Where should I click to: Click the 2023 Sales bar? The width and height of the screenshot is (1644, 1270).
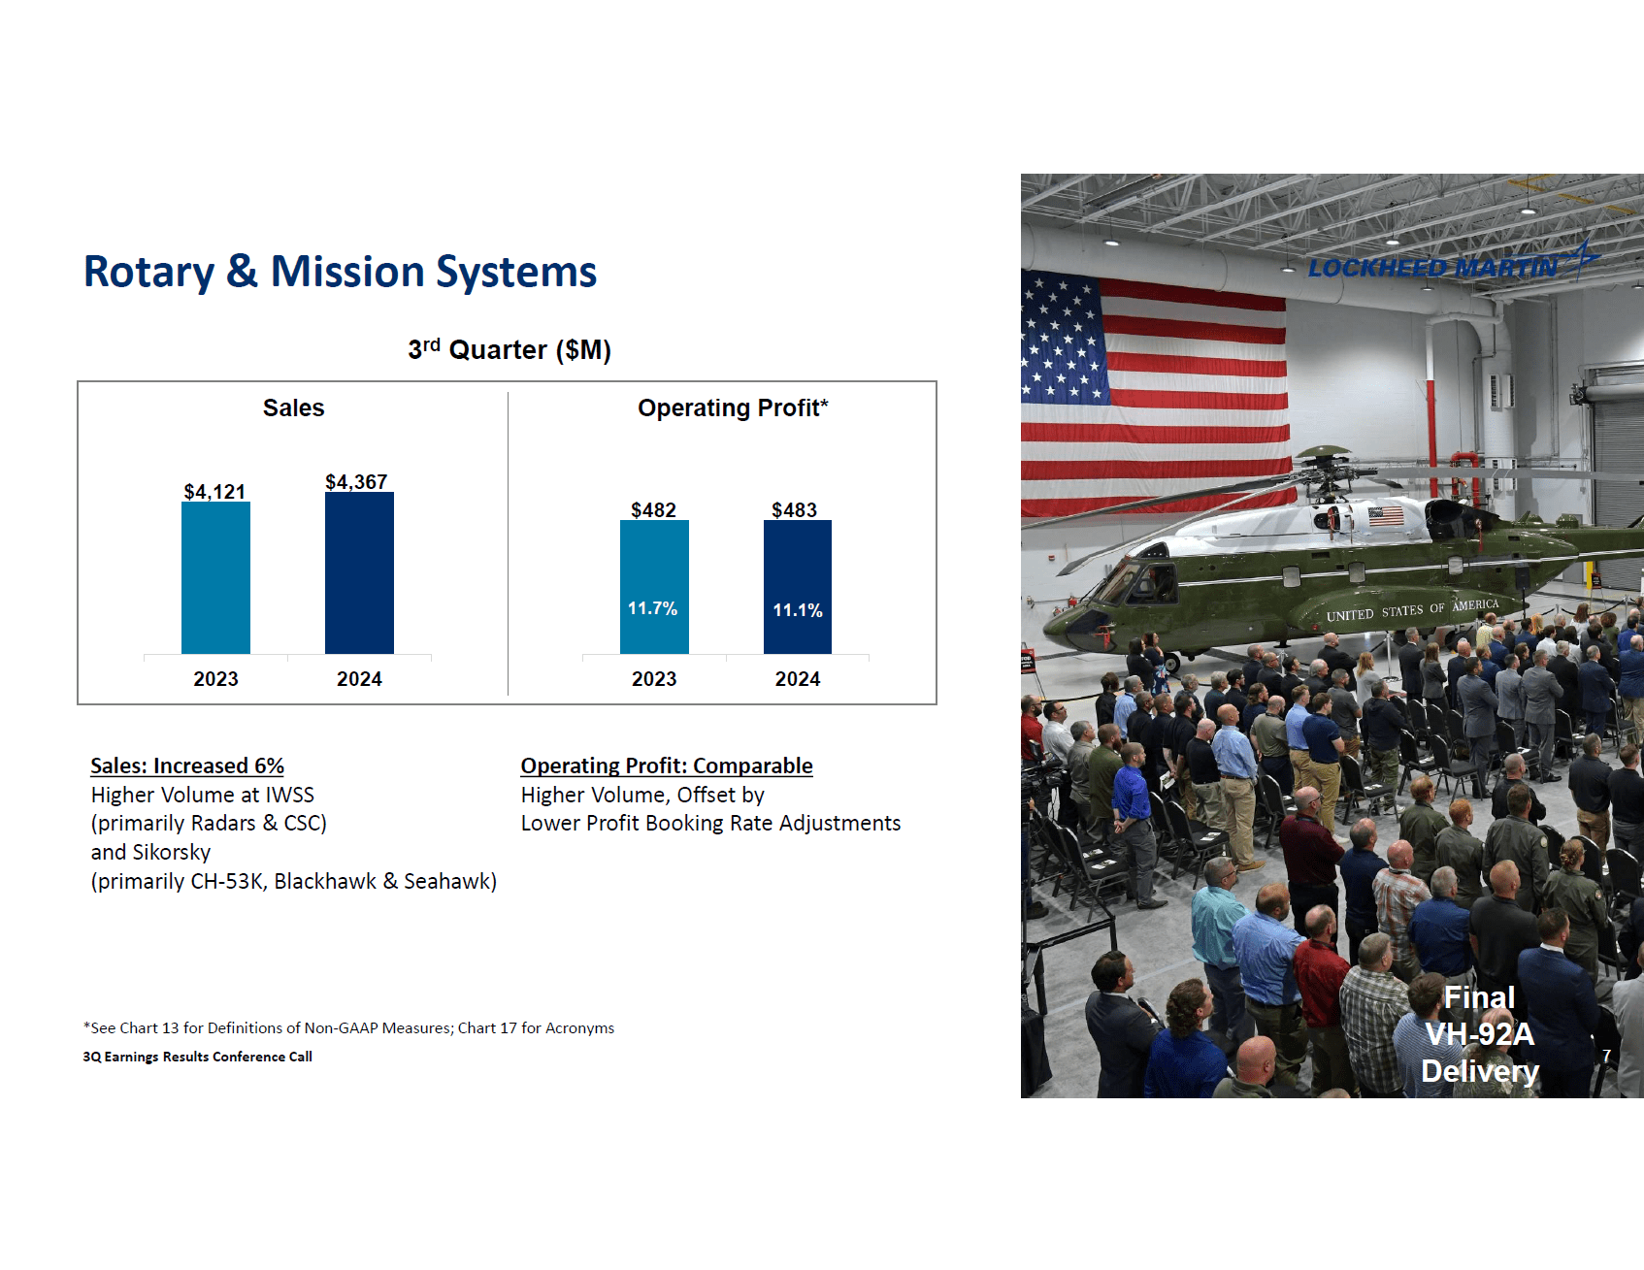pos(215,577)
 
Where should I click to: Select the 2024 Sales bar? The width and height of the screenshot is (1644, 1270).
pos(359,572)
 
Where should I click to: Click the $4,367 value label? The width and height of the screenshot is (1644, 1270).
pos(356,482)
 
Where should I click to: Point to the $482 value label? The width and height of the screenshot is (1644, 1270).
pos(653,510)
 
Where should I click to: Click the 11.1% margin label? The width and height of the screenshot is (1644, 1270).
pos(798,610)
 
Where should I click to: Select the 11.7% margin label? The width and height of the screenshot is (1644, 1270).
pos(652,608)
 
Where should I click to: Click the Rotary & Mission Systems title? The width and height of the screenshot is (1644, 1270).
pos(340,272)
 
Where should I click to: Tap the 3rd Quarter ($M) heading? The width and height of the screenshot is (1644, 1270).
pos(510,349)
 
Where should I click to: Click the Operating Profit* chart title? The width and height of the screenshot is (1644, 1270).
pos(733,408)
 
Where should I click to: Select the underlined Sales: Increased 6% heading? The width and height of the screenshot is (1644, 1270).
pos(187,765)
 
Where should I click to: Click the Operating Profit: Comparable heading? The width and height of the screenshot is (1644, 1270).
pos(667,765)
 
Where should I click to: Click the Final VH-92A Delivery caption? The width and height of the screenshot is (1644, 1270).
pos(1480,1034)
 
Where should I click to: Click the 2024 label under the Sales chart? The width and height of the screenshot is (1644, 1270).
pos(359,679)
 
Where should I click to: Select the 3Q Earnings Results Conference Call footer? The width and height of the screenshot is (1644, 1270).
pos(197,1057)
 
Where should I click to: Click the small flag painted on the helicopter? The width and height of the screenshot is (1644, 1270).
pos(1386,515)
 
